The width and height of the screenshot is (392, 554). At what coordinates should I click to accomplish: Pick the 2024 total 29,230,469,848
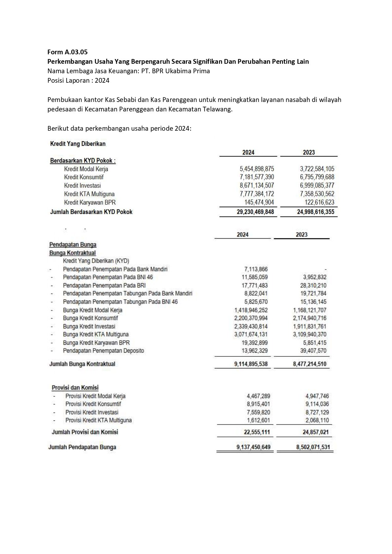coord(255,212)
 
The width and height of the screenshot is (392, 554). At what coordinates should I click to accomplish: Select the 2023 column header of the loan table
coord(309,152)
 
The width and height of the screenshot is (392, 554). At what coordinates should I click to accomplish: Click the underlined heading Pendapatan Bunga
coord(73,245)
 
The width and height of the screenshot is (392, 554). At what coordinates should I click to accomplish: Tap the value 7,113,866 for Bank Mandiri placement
coord(256,269)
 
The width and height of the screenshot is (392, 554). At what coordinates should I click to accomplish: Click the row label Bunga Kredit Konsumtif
coord(90,318)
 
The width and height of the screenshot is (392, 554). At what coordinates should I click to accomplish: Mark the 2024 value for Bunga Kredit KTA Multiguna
coord(251,334)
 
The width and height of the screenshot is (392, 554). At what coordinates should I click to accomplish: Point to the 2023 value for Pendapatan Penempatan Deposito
coord(313,351)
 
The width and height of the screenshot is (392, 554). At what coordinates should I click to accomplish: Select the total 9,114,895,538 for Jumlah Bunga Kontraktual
coord(251,364)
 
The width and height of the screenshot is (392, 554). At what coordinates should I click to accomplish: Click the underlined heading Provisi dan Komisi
coord(75,388)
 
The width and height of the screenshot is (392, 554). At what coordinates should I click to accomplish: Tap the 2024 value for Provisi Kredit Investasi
coord(258,412)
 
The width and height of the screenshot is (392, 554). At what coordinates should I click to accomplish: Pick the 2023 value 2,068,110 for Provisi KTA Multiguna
coord(315,420)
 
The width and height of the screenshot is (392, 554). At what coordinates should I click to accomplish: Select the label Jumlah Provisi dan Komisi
coord(85,432)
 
